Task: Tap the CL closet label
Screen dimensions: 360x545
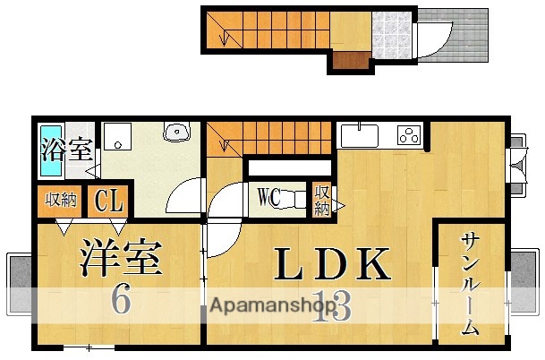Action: [x=108, y=201]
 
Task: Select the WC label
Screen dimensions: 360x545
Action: [x=270, y=196]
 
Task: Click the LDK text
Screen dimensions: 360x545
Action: [x=333, y=265]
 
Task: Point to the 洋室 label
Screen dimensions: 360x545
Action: [x=122, y=257]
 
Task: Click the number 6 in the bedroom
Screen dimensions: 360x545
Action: [x=121, y=300]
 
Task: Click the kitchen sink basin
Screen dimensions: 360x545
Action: [x=359, y=136]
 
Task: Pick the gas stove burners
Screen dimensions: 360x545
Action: [x=410, y=136]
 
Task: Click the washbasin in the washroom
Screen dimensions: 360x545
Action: [x=178, y=133]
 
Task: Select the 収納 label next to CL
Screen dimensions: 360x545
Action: [x=61, y=201]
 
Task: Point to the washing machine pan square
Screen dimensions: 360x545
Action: [x=116, y=137]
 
